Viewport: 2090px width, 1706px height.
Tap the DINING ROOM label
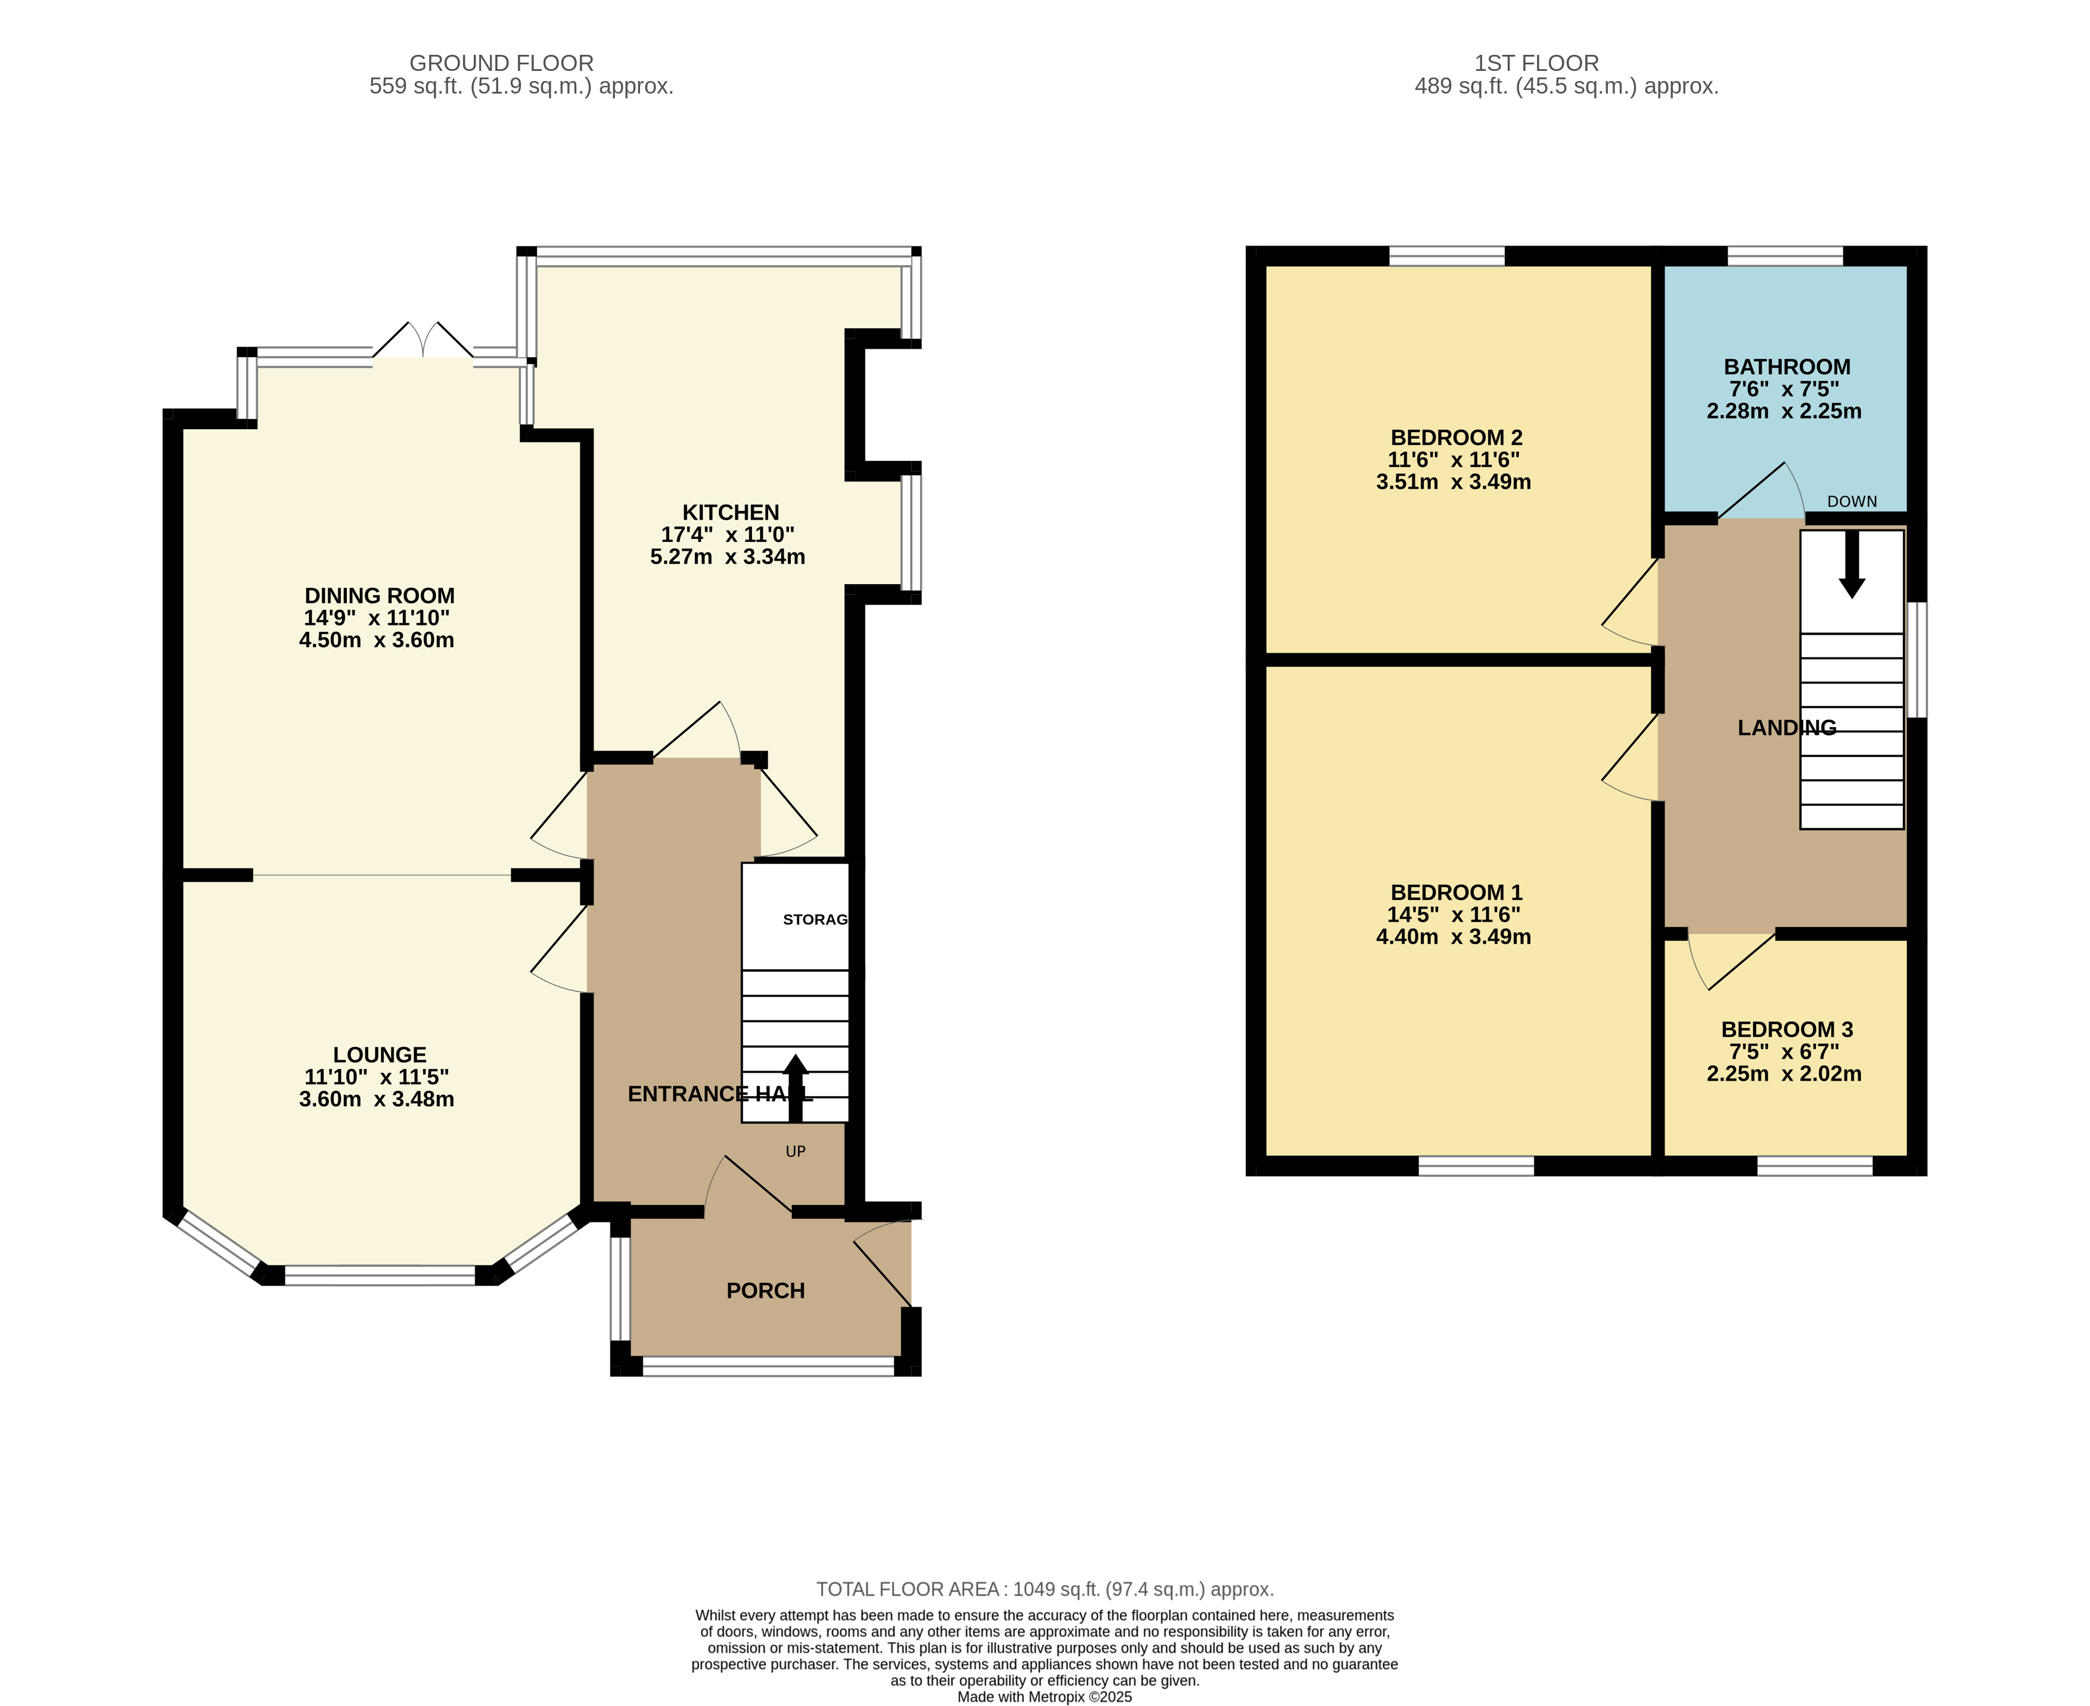(x=379, y=595)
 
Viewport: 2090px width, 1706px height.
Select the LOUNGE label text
(x=379, y=1054)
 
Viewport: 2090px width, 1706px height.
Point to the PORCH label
(x=765, y=1291)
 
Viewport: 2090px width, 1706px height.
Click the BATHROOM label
(x=1787, y=367)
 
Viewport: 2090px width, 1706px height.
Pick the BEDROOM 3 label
(x=1787, y=1030)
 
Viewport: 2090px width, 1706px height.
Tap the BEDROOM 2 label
(x=1457, y=438)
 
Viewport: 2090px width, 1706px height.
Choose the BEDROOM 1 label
(x=1457, y=892)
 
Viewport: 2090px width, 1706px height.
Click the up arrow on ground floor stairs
(x=796, y=1088)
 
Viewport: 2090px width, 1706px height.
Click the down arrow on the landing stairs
(x=1852, y=564)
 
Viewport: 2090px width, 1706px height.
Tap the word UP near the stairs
(x=796, y=1152)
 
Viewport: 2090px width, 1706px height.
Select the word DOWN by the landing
(x=1852, y=502)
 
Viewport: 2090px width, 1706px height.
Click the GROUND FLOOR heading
(x=501, y=63)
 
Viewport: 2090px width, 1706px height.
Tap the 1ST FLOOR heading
(x=1537, y=63)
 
